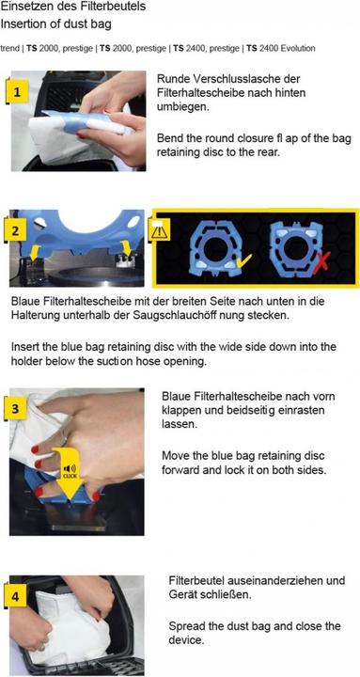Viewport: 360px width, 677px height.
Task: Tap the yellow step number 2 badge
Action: coord(16,230)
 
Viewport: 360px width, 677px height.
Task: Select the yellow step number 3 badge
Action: coord(15,408)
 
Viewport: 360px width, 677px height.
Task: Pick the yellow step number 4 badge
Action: coord(15,597)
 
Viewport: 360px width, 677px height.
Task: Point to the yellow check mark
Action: coord(243,260)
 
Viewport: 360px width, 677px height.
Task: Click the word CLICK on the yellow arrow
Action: coord(70,476)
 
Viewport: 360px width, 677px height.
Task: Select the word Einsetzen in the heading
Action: coord(21,7)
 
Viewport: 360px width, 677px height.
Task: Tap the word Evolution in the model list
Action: coord(298,48)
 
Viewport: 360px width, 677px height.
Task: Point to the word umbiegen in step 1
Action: coord(183,106)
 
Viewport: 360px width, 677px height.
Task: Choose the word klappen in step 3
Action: coord(180,410)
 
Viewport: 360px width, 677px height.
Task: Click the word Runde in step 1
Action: coord(172,79)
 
